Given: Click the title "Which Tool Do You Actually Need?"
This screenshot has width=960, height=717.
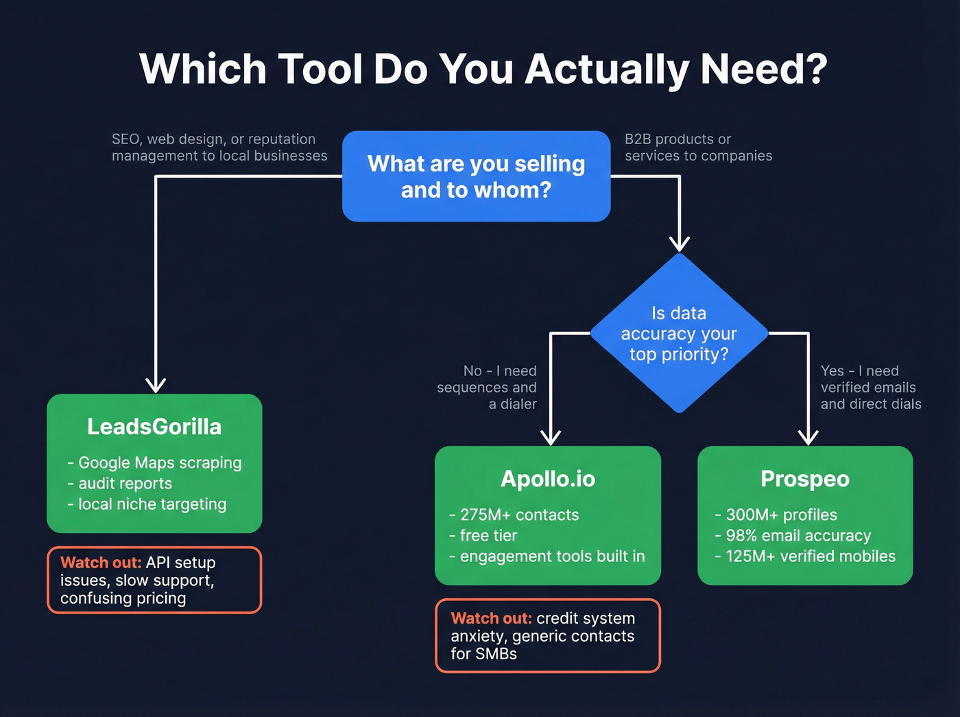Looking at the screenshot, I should coord(483,69).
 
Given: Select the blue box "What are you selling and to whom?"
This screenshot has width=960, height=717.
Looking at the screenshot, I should coord(476,176).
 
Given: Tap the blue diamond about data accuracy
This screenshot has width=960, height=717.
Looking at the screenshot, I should coord(679,333).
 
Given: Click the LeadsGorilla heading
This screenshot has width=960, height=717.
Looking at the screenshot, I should coord(154,427).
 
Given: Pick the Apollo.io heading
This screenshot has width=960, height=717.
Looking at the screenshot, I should coord(548,479).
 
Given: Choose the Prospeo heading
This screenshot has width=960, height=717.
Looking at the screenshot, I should coord(805,479).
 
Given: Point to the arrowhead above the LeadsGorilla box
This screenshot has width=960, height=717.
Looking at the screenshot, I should coord(156,384).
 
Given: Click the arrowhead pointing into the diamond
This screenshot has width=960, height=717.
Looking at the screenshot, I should coord(680,244).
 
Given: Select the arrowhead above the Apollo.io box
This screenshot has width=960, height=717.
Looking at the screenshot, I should coord(551,437).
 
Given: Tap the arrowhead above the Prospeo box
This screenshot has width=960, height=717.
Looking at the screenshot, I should coord(808,437).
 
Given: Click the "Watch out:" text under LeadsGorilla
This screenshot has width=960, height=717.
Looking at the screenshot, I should coord(101,563).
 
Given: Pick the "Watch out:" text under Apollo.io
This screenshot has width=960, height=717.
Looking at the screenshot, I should coord(491,618).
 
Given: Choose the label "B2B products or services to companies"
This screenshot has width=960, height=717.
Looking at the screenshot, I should coord(698,148).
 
